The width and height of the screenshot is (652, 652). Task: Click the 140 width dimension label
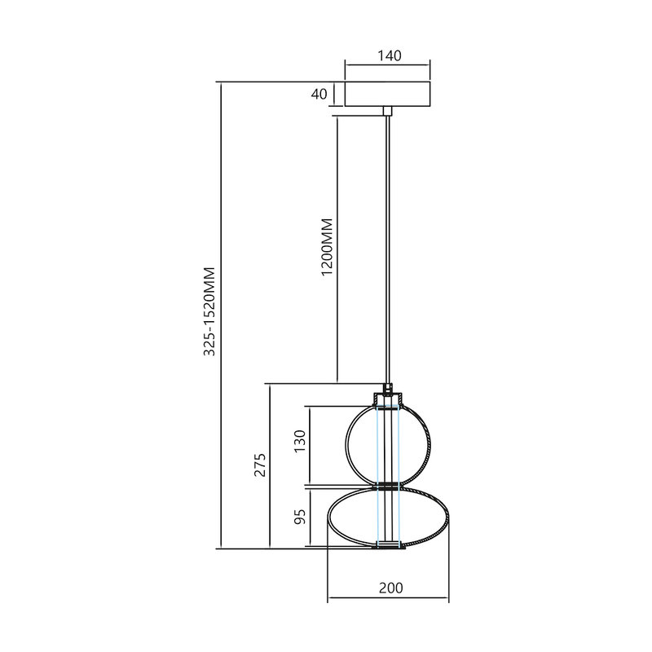[388, 55]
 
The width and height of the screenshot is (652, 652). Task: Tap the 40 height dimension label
[319, 95]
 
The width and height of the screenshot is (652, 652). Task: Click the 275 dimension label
[260, 465]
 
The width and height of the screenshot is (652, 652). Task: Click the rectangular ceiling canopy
[388, 94]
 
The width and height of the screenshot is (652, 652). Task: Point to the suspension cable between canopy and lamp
[389, 244]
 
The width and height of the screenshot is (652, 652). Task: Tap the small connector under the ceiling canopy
[389, 109]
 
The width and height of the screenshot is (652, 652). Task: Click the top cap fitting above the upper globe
[389, 398]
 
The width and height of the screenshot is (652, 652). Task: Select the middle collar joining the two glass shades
[388, 487]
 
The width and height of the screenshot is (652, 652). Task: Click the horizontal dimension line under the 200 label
[388, 601]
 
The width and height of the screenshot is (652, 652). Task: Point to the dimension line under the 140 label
[388, 64]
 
